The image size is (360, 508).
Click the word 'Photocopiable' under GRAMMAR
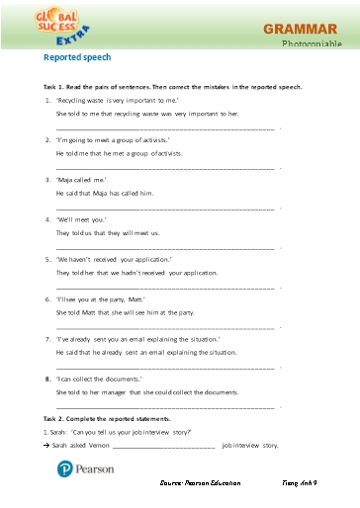(x=312, y=45)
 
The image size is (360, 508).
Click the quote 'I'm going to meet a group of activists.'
(x=114, y=140)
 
